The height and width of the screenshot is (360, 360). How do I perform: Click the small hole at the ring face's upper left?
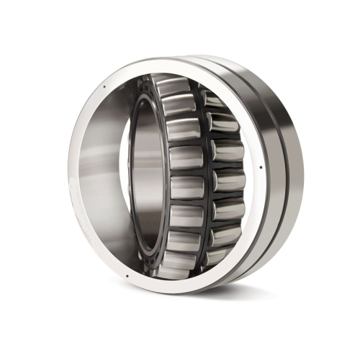tap(106, 89)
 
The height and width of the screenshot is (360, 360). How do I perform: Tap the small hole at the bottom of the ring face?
tap(127, 274)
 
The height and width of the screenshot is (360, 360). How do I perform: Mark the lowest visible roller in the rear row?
tap(217, 255)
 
